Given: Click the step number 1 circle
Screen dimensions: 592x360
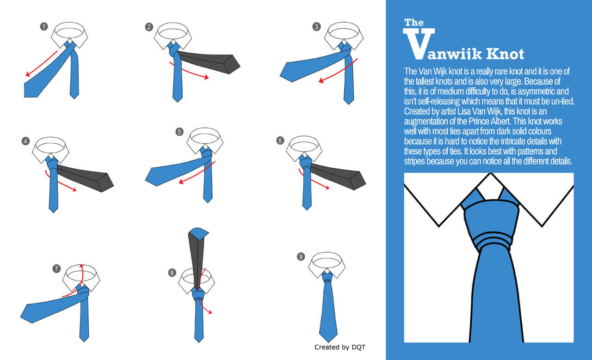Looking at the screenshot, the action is [44, 26].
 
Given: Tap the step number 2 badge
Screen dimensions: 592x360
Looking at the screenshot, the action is [149, 27].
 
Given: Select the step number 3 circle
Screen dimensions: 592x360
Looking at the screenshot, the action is [317, 26].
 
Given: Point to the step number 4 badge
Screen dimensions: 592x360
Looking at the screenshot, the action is [25, 141].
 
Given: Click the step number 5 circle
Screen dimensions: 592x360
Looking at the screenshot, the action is [179, 132].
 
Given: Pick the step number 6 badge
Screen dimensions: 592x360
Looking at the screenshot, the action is [280, 140].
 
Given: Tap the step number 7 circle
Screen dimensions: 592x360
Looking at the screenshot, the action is [56, 269].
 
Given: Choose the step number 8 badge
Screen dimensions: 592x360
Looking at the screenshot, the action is [172, 273].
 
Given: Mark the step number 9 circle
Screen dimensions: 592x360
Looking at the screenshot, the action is [301, 256].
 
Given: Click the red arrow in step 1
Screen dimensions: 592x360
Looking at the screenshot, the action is [41, 64].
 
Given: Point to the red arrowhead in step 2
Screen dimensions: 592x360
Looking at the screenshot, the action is [206, 77].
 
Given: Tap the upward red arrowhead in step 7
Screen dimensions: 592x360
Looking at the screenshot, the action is [81, 266].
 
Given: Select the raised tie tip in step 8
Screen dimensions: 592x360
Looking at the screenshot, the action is [199, 233].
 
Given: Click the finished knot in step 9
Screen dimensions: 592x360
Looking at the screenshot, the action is [327, 278].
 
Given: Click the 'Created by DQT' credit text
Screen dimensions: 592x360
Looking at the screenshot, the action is [340, 347].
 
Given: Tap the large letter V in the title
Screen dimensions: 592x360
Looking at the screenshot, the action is [419, 43].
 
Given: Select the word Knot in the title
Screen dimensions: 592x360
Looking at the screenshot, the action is [505, 54].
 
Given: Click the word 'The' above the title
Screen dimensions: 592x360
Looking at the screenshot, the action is [414, 23].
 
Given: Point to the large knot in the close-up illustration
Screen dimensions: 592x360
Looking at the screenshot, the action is [491, 225].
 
